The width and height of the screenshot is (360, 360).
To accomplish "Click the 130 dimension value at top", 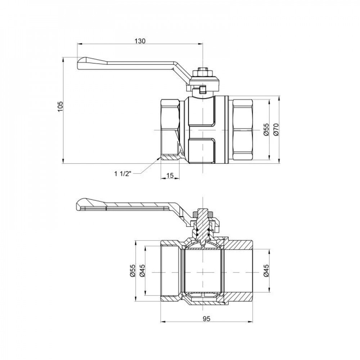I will coord(140,41).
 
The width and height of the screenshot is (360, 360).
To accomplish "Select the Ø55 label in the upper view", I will coord(266,129).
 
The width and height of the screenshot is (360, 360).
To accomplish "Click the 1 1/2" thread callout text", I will coord(124,174).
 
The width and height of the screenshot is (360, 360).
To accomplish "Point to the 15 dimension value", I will coord(170,175).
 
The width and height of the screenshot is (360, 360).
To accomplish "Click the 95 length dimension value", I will coord(206,319).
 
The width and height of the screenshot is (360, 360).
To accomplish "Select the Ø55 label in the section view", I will coord(132,271).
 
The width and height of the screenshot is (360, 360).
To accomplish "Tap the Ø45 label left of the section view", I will coord(142,271).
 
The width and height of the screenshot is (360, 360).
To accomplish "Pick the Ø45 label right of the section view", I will coord(266,271).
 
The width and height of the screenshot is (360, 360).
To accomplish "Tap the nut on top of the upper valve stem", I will coord(203,72).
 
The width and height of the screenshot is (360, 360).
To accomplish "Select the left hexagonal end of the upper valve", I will coord(170,129).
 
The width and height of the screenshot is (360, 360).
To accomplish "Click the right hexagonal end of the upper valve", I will coord(244,129).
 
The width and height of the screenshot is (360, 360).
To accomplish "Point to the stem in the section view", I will coord(203,225).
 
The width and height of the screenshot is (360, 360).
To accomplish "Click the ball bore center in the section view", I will coord(203,271).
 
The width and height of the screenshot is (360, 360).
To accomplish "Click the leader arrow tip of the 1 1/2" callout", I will coord(160,159).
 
